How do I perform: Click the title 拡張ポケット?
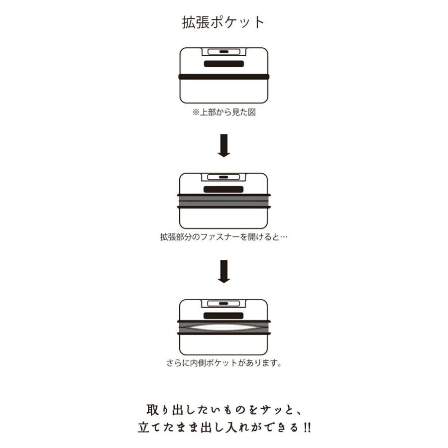[x=224, y=22]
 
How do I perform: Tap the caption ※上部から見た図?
[x=224, y=112]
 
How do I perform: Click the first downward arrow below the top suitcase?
[x=224, y=145]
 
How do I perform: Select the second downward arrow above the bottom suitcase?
[x=224, y=271]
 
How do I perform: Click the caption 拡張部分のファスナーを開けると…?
[x=224, y=237]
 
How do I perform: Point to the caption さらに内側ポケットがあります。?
[x=224, y=363]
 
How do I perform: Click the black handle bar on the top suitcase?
[x=224, y=64]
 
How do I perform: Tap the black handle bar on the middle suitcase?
[x=224, y=189]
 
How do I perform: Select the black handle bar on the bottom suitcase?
[x=224, y=316]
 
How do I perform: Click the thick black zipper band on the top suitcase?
[x=224, y=77]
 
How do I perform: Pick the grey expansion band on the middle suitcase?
[x=224, y=201]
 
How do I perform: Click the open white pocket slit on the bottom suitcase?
[x=224, y=327]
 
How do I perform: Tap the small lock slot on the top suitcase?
[x=224, y=52]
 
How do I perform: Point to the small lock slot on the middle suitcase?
[x=224, y=177]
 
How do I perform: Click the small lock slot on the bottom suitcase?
[x=224, y=304]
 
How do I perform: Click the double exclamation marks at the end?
[x=307, y=428]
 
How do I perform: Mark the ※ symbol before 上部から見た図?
[x=196, y=112]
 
